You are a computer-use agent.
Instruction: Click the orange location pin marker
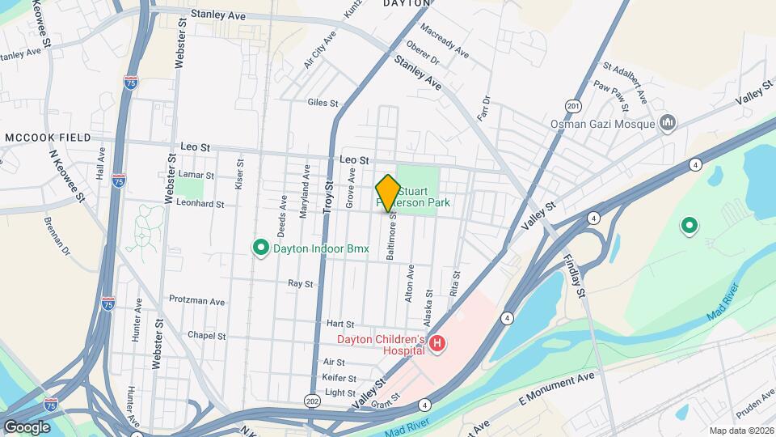[x=388, y=193]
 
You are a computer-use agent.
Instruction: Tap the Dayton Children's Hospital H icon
[x=437, y=345]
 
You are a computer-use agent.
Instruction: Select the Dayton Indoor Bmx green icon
[x=261, y=248]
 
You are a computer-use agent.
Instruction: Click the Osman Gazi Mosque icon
[x=668, y=123]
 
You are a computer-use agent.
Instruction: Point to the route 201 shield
[x=573, y=105]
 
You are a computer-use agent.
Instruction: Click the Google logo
[x=27, y=426]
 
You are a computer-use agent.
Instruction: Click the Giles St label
[x=323, y=103]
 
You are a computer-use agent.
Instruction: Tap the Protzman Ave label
[x=196, y=300]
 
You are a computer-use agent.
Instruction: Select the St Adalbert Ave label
[x=626, y=77]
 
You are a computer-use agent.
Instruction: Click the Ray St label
[x=300, y=283]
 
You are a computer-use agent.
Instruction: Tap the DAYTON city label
[x=403, y=3]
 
